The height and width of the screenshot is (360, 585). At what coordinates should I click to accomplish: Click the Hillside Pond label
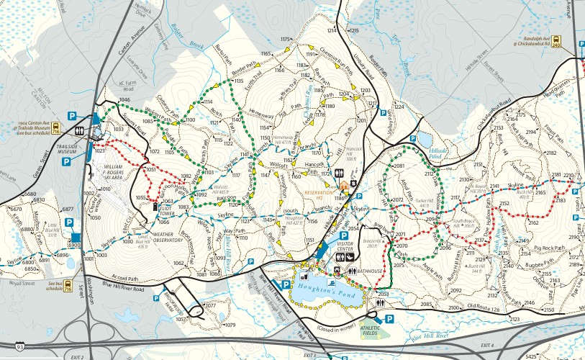tap(438, 152)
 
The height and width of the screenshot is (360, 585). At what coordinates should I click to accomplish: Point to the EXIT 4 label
tap(488, 346)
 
